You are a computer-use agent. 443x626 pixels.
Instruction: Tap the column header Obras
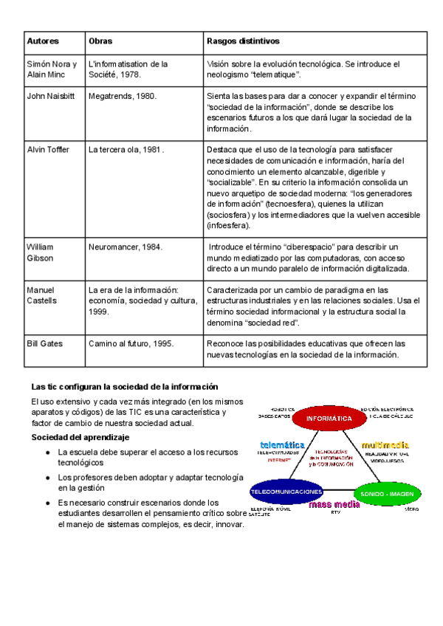100,41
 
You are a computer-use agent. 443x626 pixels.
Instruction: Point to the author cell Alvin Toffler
48,149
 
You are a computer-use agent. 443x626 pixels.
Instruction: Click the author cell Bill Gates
45,343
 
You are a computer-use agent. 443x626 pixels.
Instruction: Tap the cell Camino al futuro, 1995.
131,343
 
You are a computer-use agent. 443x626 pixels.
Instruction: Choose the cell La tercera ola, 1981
125,149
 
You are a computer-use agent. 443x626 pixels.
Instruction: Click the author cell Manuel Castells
45,295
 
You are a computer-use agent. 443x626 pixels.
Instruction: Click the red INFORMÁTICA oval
329,418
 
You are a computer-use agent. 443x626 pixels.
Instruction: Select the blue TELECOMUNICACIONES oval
286,491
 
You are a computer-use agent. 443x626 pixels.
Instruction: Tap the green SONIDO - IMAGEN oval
387,492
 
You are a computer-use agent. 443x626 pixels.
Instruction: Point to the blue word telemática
282,445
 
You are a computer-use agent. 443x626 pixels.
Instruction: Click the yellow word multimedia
385,445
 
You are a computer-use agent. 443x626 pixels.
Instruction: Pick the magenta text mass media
334,505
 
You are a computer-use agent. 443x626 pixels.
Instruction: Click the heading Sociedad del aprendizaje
80,438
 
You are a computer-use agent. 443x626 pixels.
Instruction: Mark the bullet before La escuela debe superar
47,452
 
